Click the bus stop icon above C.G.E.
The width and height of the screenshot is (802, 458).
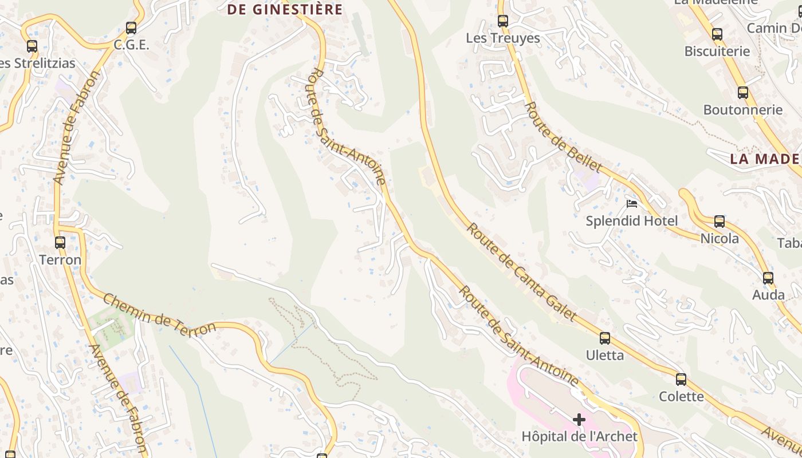coord(131,27)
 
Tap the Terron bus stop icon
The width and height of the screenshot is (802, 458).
coord(60,242)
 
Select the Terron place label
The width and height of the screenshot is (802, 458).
coord(60,260)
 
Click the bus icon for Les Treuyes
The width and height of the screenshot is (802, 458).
coord(503,21)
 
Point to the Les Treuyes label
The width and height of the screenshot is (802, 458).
coord(503,38)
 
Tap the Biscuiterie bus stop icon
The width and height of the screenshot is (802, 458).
coord(717,34)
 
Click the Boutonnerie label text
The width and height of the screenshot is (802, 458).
coord(743,110)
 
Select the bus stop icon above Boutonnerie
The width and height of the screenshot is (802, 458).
coord(743,92)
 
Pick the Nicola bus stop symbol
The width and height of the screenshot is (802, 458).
coord(720,222)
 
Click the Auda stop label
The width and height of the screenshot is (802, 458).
coord(768,295)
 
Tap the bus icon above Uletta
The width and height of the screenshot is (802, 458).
coord(605,338)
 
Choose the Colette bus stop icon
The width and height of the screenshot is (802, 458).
coord(681,379)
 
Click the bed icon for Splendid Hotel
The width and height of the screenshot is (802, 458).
coord(632,203)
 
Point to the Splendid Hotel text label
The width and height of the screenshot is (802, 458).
coord(632,221)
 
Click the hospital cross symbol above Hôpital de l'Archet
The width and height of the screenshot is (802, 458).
coord(579,420)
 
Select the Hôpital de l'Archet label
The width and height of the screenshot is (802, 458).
coord(579,437)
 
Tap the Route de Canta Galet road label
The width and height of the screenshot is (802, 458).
coord(521,272)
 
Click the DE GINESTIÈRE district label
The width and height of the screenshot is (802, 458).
coord(285,10)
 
